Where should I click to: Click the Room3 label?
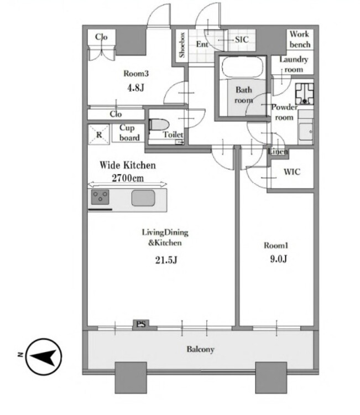[136, 73]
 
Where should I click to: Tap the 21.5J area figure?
[166, 260]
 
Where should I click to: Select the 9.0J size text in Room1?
[278, 258]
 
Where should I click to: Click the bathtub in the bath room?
[243, 67]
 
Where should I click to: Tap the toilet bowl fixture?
[159, 124]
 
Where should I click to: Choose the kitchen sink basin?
[143, 198]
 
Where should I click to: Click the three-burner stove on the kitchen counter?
[100, 197]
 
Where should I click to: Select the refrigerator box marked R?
[98, 134]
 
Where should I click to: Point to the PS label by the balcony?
[141, 324]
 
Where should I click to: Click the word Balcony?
[200, 349]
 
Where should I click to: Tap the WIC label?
[292, 172]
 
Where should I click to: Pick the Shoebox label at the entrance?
[182, 45]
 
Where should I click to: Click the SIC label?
[242, 40]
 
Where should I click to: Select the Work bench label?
[300, 39]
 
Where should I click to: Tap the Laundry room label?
[294, 64]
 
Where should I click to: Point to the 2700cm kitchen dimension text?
[128, 178]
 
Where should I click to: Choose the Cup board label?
[129, 133]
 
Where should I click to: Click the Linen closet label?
[278, 152]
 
